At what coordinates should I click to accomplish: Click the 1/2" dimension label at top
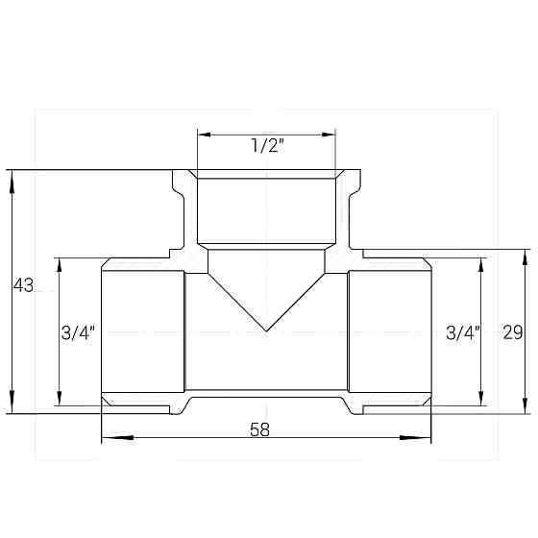266,147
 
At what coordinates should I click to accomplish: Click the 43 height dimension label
23,285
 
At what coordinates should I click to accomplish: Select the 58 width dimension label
259,429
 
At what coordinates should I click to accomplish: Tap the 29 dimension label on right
512,332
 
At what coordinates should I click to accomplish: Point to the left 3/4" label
78,333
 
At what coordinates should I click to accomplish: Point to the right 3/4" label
464,333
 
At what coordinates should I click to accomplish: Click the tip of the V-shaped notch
266,331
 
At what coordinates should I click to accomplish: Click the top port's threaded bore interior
266,211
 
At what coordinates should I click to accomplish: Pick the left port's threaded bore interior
142,331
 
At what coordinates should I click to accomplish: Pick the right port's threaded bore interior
389,331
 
